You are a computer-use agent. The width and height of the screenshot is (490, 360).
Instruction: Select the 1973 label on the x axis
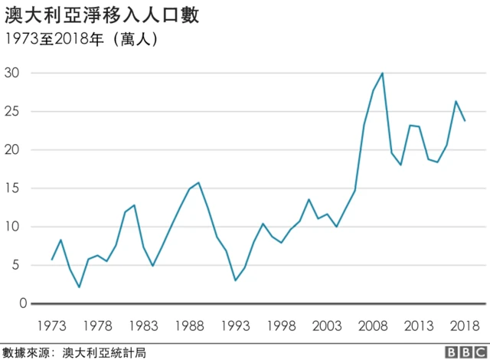pos(52,325)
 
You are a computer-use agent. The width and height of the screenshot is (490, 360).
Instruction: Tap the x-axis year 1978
pos(98,325)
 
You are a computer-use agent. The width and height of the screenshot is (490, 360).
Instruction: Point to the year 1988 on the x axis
pos(190,325)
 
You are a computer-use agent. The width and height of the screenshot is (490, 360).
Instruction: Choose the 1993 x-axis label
pos(236,325)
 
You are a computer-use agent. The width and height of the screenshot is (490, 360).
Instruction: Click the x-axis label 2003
pos(328,325)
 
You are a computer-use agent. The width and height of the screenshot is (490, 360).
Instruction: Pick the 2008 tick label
pos(374,325)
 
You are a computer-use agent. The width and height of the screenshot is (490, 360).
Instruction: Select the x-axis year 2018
pos(465,325)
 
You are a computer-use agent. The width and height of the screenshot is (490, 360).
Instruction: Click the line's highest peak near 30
pos(382,74)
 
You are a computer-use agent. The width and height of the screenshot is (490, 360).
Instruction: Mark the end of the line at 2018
pos(465,121)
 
